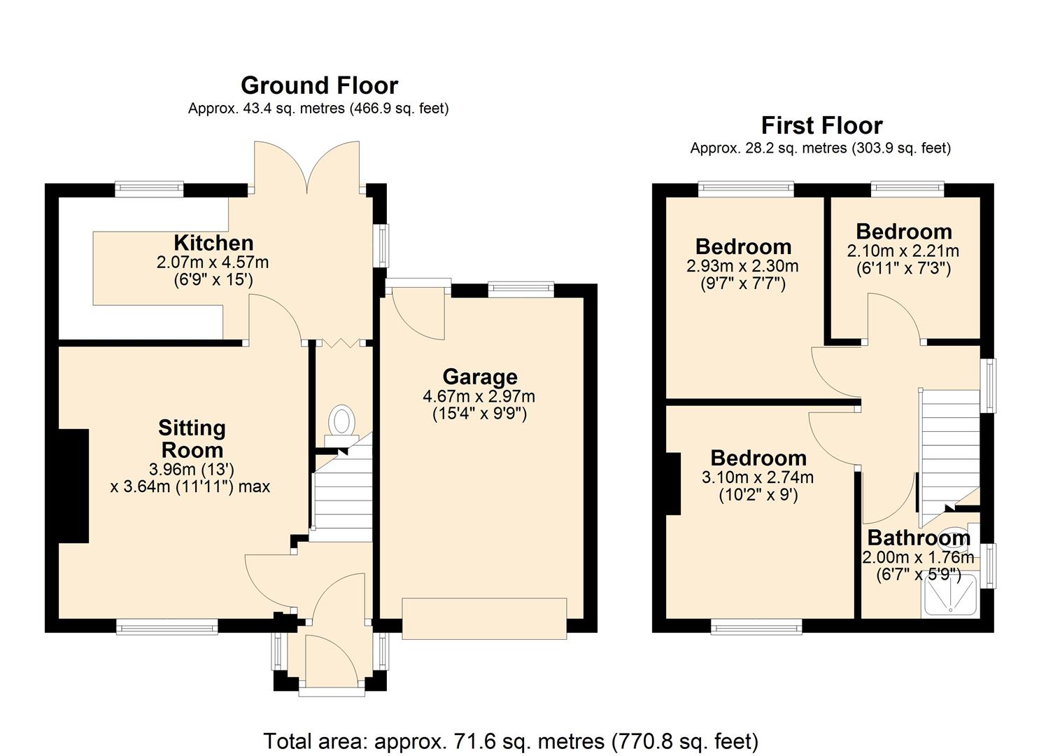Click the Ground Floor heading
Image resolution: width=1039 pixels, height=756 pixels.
(x=319, y=85)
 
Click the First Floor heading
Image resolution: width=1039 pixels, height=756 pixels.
(x=821, y=126)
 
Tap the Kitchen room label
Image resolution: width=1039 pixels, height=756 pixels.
(x=213, y=243)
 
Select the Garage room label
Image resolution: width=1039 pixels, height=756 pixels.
(x=479, y=377)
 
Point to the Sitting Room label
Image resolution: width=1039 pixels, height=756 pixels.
(x=191, y=439)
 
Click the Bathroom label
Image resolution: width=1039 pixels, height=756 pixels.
(x=918, y=538)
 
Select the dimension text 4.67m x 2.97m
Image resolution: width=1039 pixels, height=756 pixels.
(x=479, y=396)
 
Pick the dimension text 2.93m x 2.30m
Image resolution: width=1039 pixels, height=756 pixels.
(x=742, y=266)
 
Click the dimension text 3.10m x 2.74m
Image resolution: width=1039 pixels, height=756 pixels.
(x=758, y=477)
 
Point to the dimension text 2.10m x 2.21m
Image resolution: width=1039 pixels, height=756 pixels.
(x=903, y=251)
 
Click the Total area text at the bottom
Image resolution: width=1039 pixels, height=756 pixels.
(x=511, y=741)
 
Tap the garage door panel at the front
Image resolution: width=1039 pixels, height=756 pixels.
(x=484, y=619)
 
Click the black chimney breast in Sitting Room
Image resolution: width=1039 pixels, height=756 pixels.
(x=73, y=486)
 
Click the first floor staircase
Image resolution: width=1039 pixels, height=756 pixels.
(x=949, y=448)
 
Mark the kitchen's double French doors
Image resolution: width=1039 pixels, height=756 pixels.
(x=307, y=167)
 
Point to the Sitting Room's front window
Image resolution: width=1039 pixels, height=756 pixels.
(x=167, y=627)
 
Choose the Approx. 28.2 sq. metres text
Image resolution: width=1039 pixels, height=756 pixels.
(x=820, y=148)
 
